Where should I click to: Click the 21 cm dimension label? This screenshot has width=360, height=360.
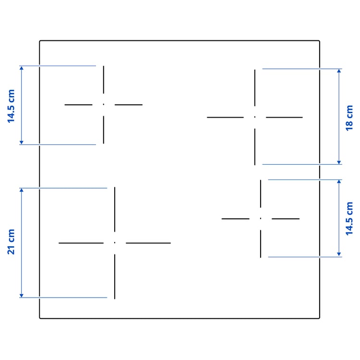11,242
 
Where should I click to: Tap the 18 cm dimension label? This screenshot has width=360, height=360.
349,118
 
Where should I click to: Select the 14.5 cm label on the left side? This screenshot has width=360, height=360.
11,106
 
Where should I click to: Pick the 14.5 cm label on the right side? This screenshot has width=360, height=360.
349,218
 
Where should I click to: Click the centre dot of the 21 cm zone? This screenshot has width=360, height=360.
115,243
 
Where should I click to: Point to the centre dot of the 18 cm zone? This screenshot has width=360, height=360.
254,117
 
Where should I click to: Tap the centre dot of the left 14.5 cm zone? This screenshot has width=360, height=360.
104,105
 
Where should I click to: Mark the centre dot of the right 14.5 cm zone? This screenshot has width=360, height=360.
260,218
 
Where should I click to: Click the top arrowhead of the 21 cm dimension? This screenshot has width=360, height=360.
21,190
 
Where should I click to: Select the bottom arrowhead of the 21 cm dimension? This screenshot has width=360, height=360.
21,296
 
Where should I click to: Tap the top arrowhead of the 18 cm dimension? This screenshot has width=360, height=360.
339,71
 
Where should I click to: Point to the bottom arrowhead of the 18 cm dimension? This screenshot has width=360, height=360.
339,162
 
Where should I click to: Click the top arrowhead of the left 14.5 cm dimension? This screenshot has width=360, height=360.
21,68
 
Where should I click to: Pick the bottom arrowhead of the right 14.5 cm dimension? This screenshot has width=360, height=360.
339,254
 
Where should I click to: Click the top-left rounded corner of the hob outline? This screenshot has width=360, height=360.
40,41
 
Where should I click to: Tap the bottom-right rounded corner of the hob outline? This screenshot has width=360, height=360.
319,318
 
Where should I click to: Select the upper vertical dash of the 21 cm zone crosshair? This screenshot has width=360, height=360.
115,209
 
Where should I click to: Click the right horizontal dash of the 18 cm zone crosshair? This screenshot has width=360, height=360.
284,117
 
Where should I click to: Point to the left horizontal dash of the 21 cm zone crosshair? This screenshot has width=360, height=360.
81,243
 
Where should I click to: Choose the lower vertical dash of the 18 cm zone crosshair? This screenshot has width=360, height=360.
254,147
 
